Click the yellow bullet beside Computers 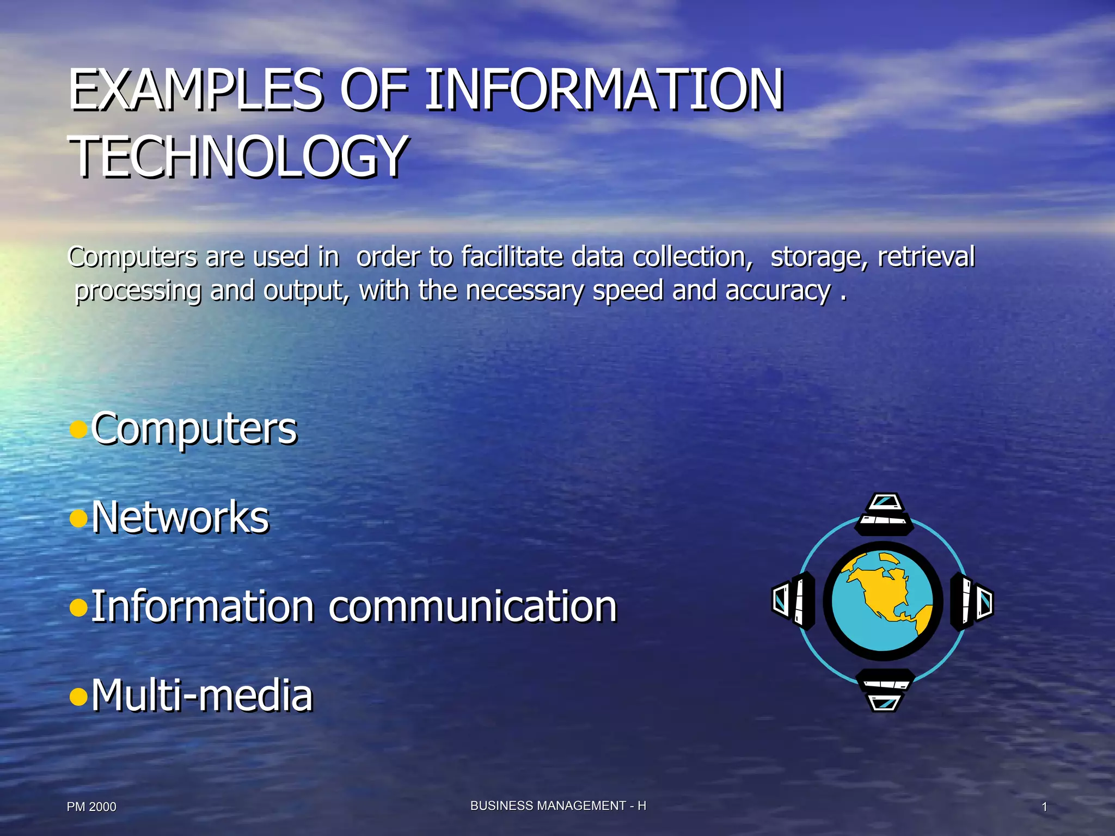[79, 429]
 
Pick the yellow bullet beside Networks [79, 518]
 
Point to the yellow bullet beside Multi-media [79, 696]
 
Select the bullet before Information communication [79, 607]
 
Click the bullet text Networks [180, 517]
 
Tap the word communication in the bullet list [473, 606]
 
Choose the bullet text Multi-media [202, 695]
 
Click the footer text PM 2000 [91, 807]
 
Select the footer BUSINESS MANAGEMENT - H [558, 806]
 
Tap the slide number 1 [1044, 807]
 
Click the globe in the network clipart [883, 601]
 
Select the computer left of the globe [794, 601]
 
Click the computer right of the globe [972, 601]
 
